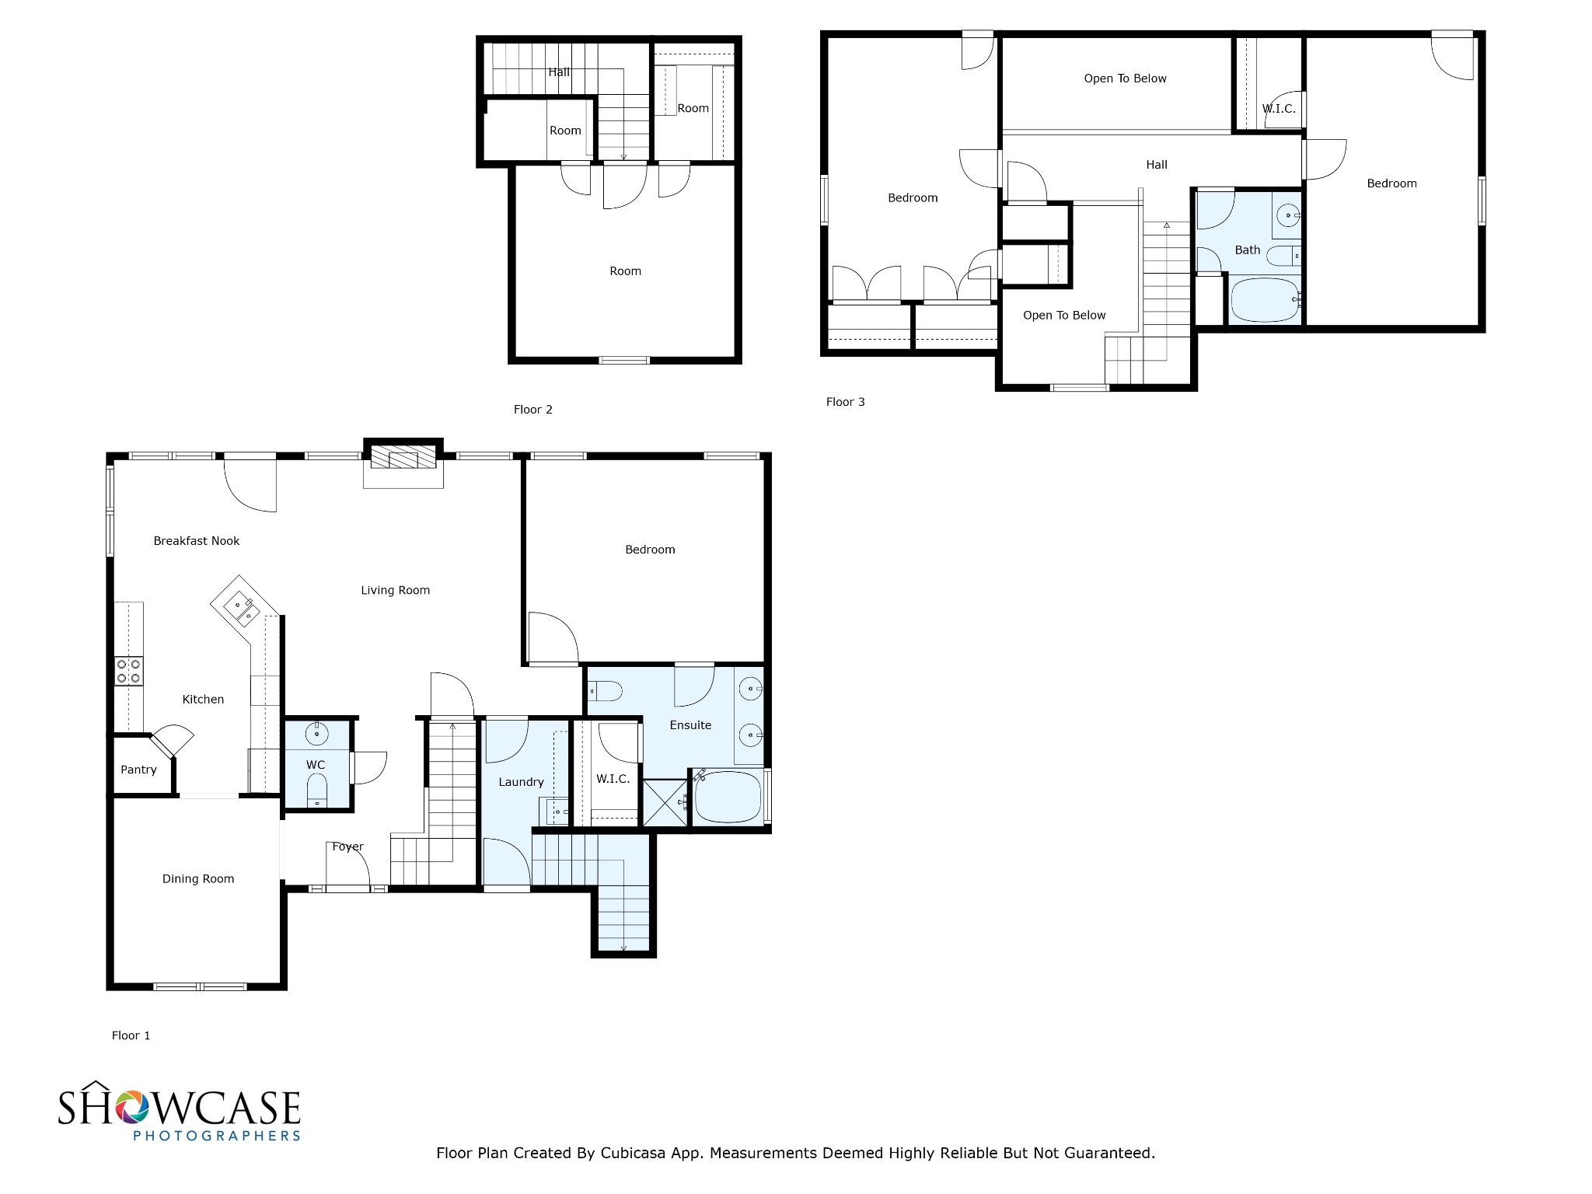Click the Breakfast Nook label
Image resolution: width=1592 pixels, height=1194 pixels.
(196, 541)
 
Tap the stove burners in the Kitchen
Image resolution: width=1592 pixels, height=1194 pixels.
(128, 671)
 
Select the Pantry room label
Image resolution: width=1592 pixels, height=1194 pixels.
(138, 770)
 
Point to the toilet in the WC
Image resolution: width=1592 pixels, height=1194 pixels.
(316, 792)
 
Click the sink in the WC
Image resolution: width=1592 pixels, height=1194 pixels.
(316, 733)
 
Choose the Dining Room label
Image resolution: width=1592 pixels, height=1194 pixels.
(197, 879)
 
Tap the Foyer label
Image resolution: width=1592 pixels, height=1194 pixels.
(347, 847)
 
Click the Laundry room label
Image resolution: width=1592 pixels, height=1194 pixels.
(521, 782)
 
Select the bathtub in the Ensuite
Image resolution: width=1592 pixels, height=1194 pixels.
(727, 797)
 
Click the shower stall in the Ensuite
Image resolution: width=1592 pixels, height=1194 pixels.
(665, 802)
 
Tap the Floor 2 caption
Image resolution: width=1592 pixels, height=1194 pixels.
(532, 410)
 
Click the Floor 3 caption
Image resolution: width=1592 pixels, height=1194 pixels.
(845, 402)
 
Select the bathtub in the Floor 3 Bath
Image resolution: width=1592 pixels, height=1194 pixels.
(1265, 300)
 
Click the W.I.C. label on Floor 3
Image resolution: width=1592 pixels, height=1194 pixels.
(1278, 109)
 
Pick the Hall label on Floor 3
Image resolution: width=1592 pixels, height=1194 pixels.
(1156, 165)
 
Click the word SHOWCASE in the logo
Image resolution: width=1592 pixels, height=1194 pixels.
(179, 1108)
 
